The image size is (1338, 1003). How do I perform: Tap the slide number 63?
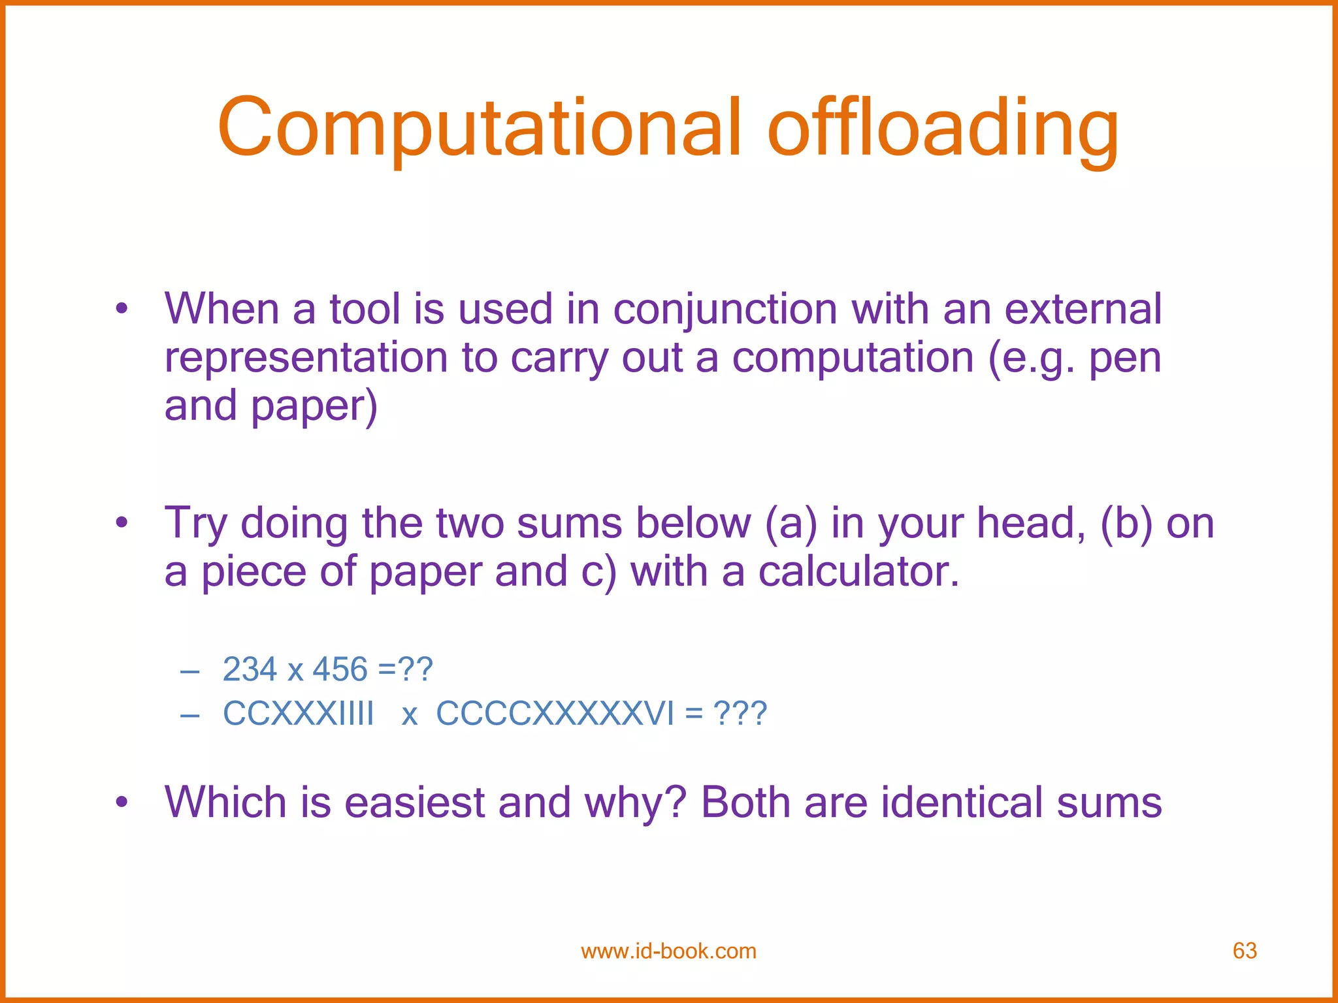tap(1245, 951)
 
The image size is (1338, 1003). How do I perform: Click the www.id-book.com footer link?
tap(668, 951)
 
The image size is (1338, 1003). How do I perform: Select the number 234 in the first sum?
tap(250, 669)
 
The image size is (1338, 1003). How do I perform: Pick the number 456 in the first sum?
tap(340, 669)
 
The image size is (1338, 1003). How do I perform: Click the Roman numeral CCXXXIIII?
tap(298, 713)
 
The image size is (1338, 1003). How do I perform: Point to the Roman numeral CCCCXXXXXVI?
tap(555, 713)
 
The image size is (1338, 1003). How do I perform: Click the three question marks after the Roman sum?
tap(740, 713)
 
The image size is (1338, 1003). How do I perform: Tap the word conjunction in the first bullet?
tap(725, 309)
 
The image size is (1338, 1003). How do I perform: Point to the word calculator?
tap(858, 571)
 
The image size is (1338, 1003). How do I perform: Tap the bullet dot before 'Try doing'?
tap(122, 522)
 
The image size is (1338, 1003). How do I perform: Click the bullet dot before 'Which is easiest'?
tap(122, 802)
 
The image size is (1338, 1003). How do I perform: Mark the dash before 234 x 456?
tap(189, 671)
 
